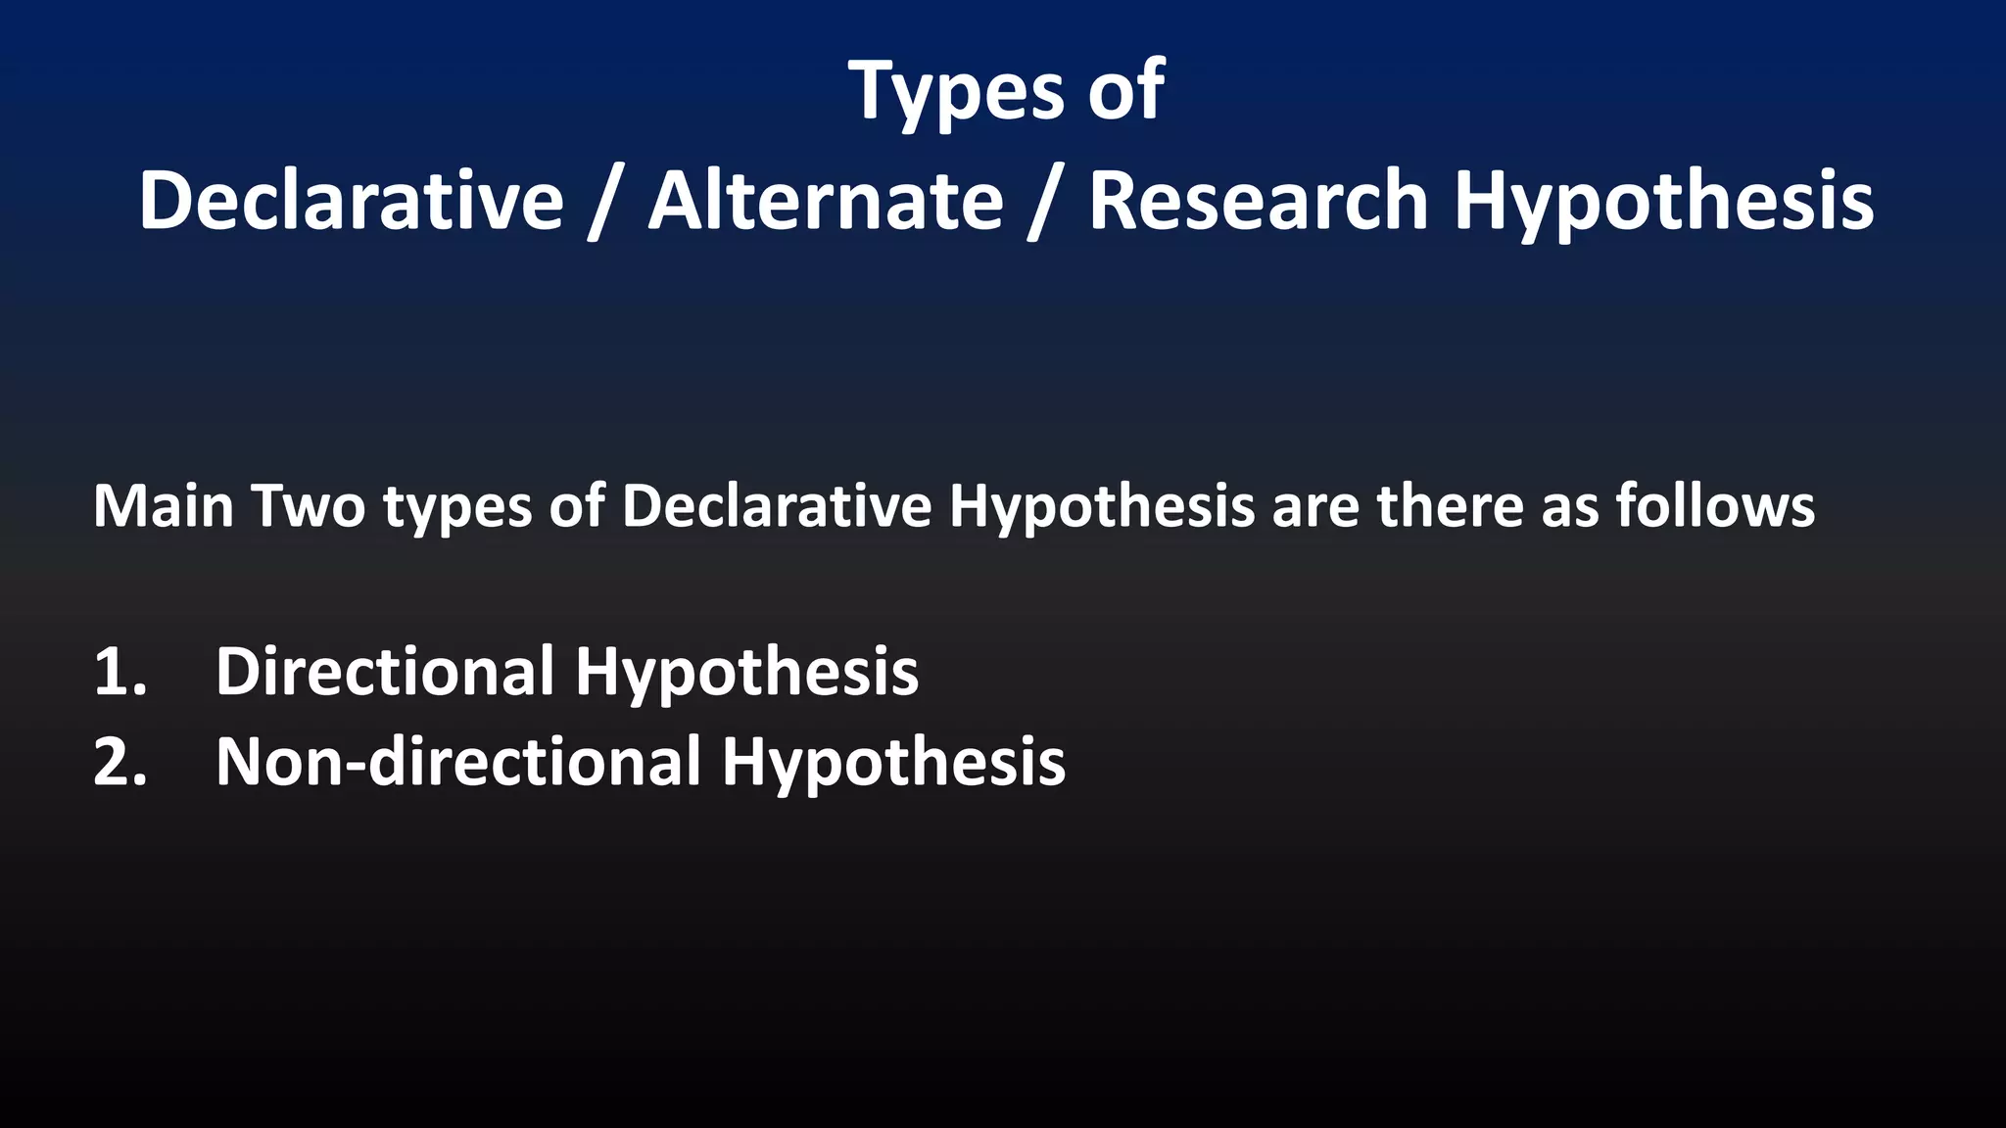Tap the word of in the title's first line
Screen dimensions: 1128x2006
coord(1126,91)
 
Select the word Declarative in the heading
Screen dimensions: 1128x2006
coord(352,201)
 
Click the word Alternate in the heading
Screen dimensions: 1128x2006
coord(826,201)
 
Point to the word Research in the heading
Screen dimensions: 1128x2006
coord(1259,201)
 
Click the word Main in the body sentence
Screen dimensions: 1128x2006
coord(163,506)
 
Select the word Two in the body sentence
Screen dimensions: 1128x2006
coord(309,506)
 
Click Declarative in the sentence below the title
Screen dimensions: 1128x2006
coord(776,506)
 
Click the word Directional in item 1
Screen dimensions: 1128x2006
coord(385,672)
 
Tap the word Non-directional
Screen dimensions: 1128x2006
coord(458,762)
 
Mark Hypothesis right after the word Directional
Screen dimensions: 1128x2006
coord(746,674)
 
